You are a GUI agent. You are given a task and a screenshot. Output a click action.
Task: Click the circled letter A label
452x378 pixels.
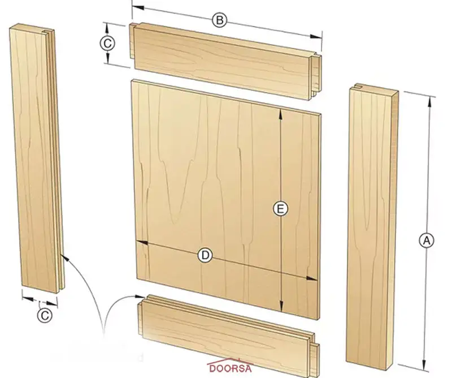(426, 240)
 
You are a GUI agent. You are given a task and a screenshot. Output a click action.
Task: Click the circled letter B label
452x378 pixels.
(219, 20)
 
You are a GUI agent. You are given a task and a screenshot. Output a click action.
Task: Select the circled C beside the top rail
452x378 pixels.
(107, 44)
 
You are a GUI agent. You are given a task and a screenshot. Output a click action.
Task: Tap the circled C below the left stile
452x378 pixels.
(45, 315)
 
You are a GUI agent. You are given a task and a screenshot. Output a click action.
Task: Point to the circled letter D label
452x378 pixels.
(205, 255)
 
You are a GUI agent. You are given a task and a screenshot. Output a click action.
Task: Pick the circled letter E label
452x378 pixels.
(280, 208)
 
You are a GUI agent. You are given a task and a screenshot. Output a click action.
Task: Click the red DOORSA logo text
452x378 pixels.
(230, 368)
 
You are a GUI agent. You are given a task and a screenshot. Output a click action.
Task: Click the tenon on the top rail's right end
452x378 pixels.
(316, 76)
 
